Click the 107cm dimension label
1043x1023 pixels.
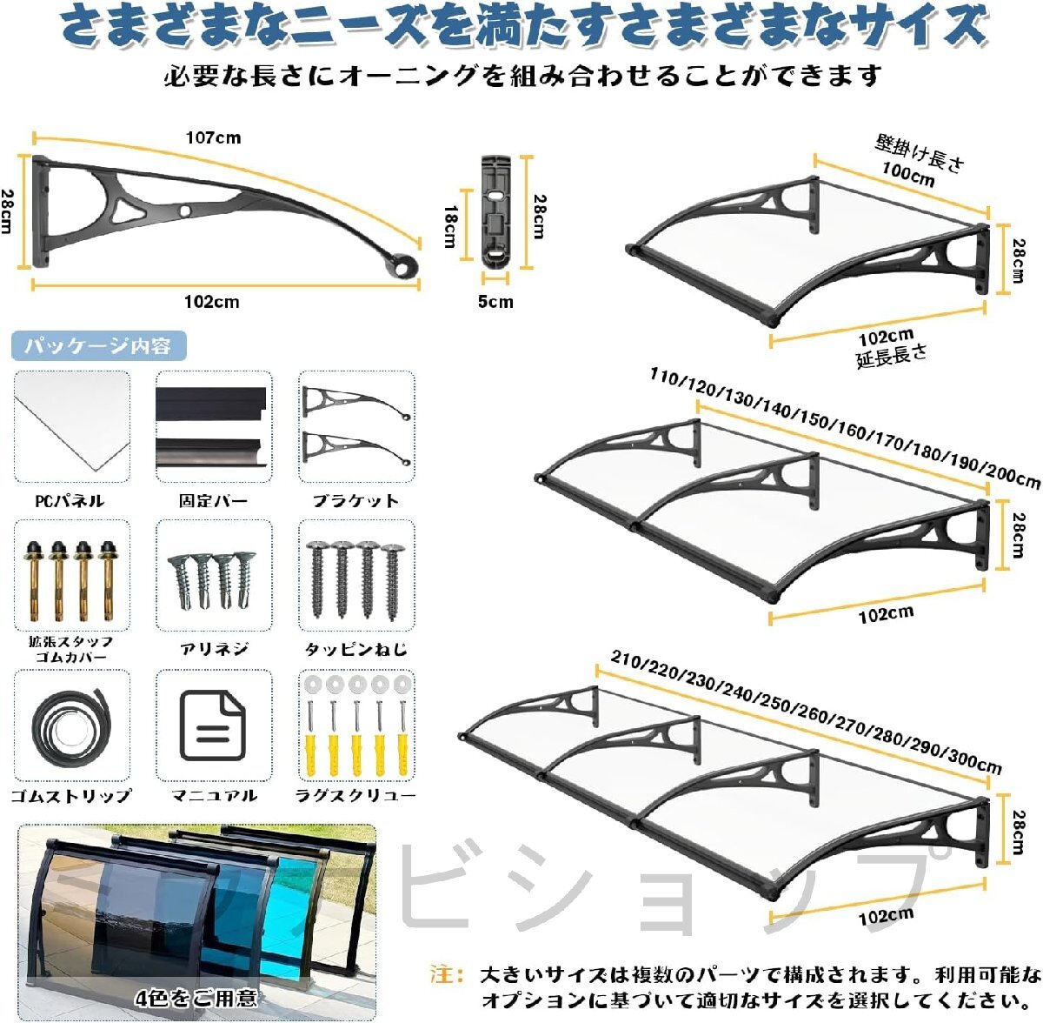point(213,137)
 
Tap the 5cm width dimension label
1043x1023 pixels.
point(495,302)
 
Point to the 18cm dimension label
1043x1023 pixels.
point(449,226)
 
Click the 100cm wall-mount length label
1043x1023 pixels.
point(908,174)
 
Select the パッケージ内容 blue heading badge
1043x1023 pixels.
point(99,345)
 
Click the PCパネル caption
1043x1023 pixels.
point(70,501)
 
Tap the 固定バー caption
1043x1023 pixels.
point(213,501)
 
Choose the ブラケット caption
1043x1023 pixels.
point(355,501)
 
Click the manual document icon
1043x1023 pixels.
point(213,725)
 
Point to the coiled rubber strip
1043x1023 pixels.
point(71,726)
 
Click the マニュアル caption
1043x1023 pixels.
point(214,795)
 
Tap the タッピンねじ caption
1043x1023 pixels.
point(355,649)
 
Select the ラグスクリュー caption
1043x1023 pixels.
point(355,795)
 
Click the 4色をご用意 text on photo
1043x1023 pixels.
point(196,998)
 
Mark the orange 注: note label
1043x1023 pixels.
point(447,973)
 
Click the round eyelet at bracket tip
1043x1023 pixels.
point(405,268)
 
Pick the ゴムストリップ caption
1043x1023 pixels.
point(71,795)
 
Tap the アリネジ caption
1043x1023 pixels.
point(214,649)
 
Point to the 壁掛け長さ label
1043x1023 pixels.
point(920,153)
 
